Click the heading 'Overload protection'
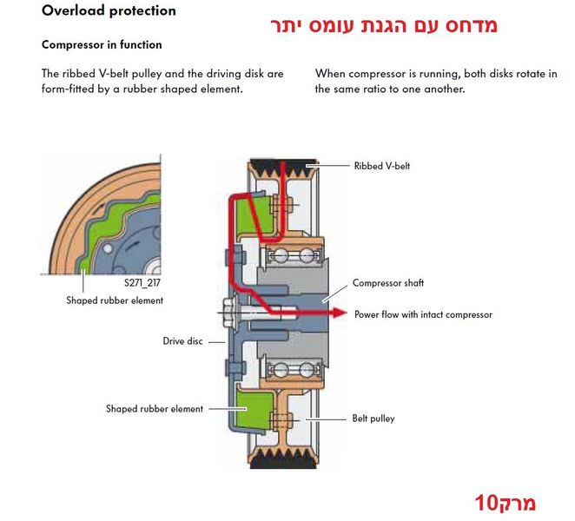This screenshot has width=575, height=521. pyautogui.click(x=109, y=10)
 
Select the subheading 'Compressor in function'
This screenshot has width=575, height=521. pyautogui.click(x=102, y=45)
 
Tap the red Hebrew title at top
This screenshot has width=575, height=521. pyautogui.click(x=384, y=26)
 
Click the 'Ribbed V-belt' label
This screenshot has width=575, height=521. pyautogui.click(x=382, y=166)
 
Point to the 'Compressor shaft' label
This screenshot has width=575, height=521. pyautogui.click(x=388, y=283)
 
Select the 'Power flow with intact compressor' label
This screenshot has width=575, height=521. pyautogui.click(x=423, y=314)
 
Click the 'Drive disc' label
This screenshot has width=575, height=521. pyautogui.click(x=182, y=341)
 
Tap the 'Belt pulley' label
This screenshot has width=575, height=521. pyautogui.click(x=373, y=419)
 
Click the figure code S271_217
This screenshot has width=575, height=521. pyautogui.click(x=142, y=283)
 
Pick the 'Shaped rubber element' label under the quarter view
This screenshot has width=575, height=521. pyautogui.click(x=115, y=300)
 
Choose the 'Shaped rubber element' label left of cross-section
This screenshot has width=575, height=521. pyautogui.click(x=155, y=408)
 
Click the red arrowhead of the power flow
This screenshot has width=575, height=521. pyautogui.click(x=340, y=313)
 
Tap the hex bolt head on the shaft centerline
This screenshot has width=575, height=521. pyautogui.click(x=228, y=313)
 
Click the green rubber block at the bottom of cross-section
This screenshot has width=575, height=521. pyautogui.click(x=254, y=410)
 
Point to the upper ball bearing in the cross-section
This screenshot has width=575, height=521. pyautogui.click(x=292, y=254)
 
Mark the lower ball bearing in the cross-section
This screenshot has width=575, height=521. pyautogui.click(x=292, y=370)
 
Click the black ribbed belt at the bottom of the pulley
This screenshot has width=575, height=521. pyautogui.click(x=283, y=459)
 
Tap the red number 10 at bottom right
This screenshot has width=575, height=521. pyautogui.click(x=486, y=503)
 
